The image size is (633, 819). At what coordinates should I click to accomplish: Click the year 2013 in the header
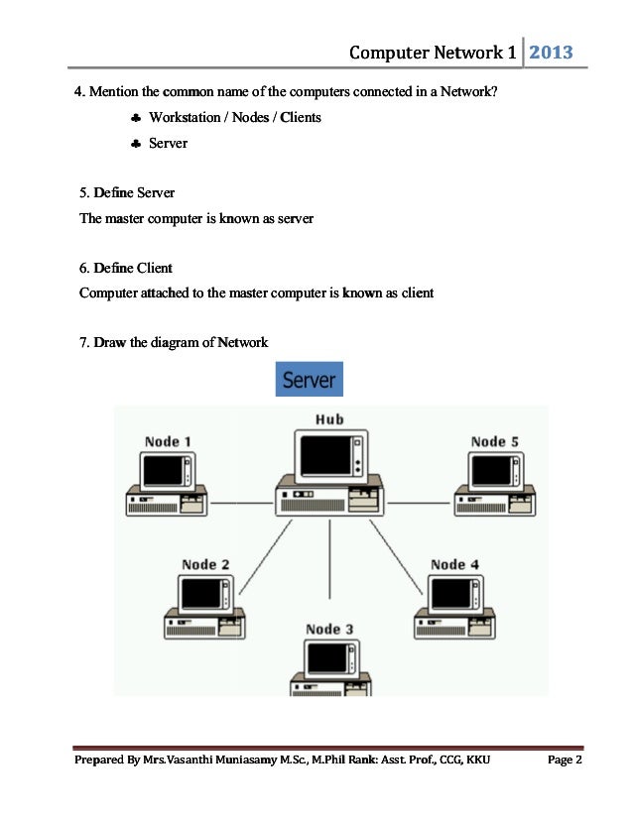click(x=551, y=52)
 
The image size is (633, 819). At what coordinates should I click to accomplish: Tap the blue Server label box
click(x=309, y=380)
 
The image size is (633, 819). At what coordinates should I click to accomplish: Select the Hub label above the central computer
click(x=329, y=419)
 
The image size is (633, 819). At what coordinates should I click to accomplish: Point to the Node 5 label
click(x=495, y=441)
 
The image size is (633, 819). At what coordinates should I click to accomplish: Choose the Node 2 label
click(x=205, y=564)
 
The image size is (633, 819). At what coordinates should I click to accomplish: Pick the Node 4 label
click(x=455, y=564)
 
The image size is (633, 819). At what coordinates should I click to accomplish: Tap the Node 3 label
click(x=329, y=629)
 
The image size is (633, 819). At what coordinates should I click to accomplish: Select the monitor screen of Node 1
click(x=162, y=470)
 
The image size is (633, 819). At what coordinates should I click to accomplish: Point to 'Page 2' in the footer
click(x=565, y=760)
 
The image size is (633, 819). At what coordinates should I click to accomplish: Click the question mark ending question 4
click(x=494, y=93)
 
